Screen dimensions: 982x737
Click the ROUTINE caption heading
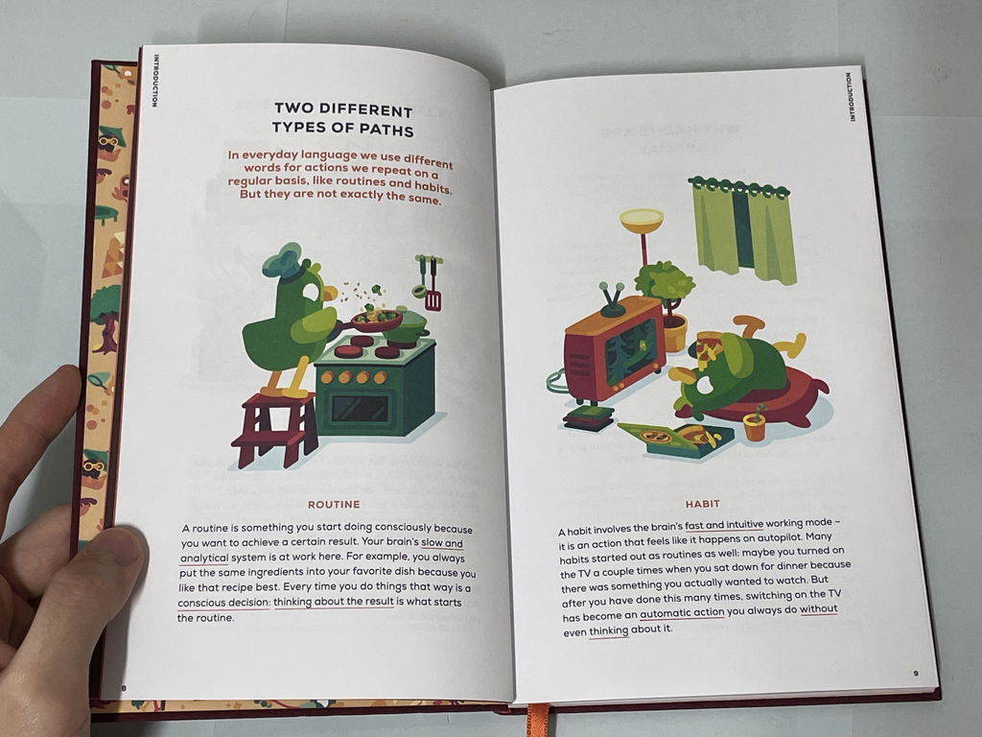tap(334, 504)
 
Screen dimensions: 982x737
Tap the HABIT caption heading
tap(702, 503)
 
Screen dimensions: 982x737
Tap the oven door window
tap(360, 409)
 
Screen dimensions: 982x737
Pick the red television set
tap(614, 349)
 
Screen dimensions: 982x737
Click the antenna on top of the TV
tap(612, 299)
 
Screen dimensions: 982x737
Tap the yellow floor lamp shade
tap(642, 221)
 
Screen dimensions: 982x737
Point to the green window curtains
tap(743, 230)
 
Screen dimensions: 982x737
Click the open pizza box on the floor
tap(675, 439)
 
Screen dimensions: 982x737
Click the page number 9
tap(916, 674)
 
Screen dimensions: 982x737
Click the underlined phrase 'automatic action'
tap(682, 612)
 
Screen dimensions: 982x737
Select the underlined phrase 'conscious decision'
tap(223, 603)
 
